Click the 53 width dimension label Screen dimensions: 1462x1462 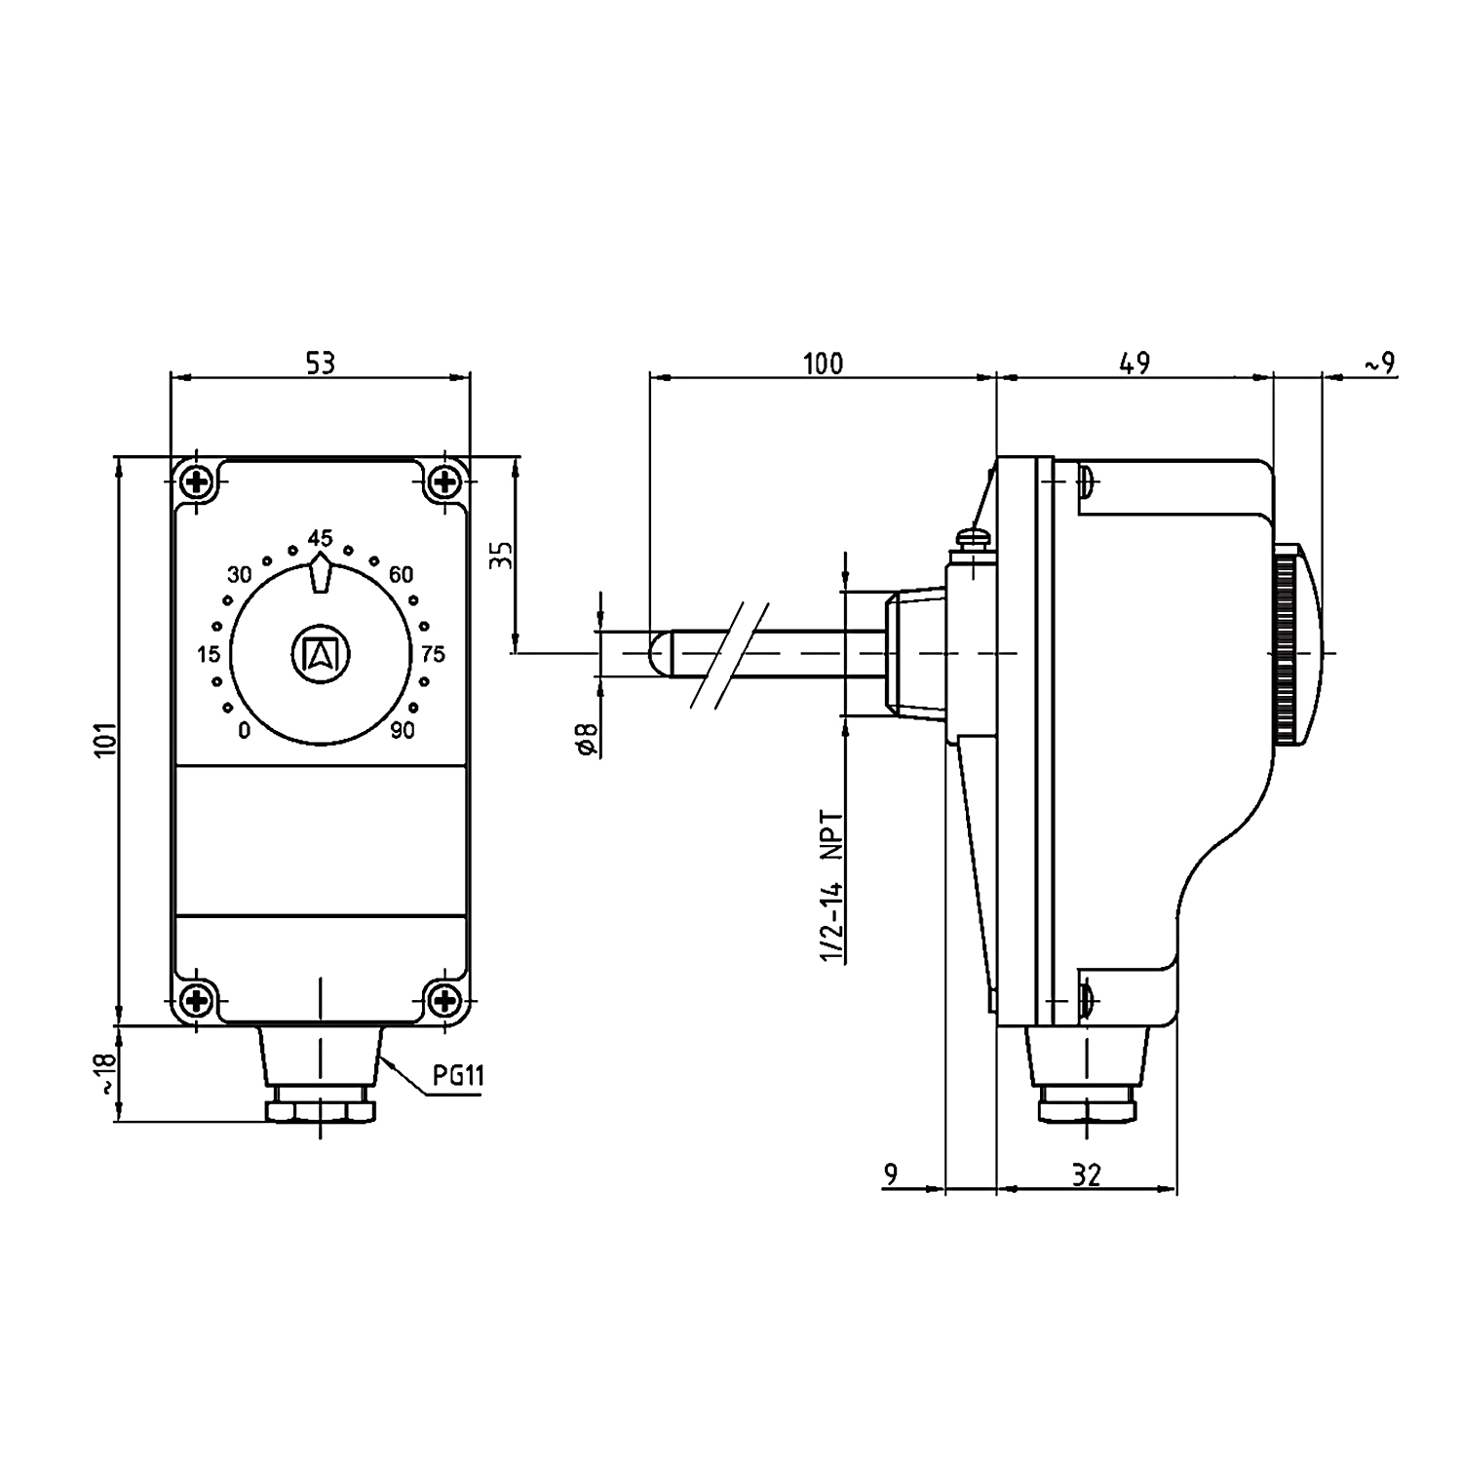(x=320, y=363)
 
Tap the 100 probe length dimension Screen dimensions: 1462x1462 (x=823, y=364)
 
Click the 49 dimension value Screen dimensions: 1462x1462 (x=1135, y=364)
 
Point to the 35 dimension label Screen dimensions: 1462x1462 (x=500, y=556)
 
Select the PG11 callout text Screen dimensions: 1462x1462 (x=458, y=1076)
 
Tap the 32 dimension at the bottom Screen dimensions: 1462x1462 (x=1085, y=1175)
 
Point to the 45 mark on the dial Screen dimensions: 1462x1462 (x=320, y=538)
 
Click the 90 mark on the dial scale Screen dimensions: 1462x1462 (x=403, y=730)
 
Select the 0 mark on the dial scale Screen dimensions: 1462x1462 (x=244, y=730)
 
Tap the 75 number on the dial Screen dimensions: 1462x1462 (x=433, y=653)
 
